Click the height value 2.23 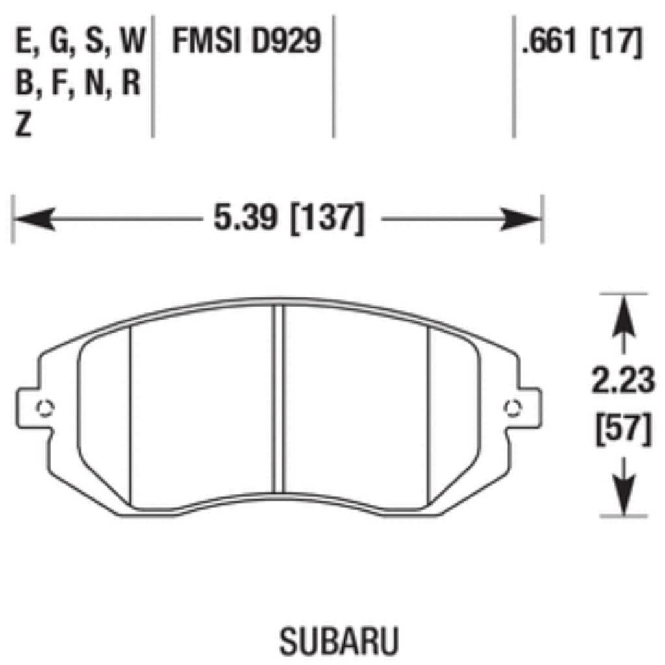click(623, 381)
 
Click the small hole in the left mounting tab click(45, 408)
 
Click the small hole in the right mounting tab click(513, 408)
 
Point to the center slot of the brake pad click(279, 399)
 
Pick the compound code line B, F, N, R click(78, 83)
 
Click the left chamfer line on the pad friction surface click(131, 416)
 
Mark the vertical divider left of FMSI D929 click(153, 75)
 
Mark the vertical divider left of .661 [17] click(514, 75)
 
